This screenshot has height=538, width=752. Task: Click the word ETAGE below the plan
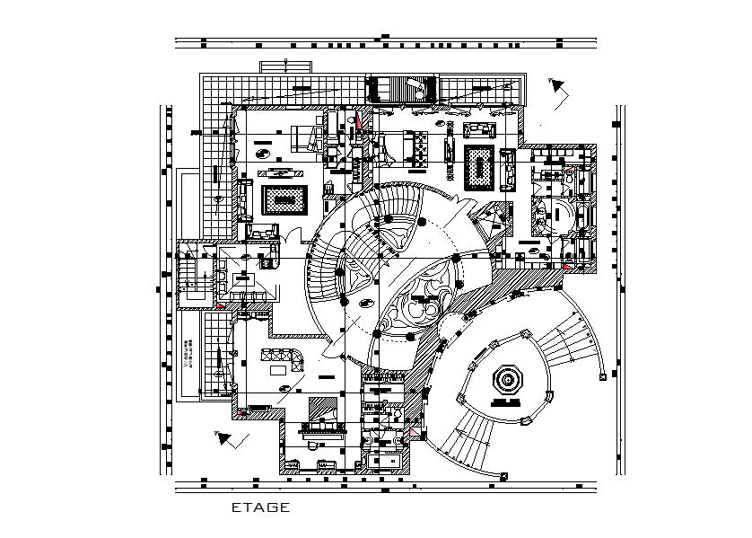tap(260, 507)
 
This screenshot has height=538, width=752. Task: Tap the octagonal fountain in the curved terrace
tap(508, 380)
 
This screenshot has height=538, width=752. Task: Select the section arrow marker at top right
tap(560, 87)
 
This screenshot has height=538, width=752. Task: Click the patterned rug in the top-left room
tap(284, 199)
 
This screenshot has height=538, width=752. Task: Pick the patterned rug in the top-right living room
tap(481, 167)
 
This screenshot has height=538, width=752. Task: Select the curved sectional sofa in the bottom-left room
tap(285, 357)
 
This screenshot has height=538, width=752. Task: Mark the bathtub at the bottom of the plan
tap(386, 461)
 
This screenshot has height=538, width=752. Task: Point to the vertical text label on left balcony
tap(186, 352)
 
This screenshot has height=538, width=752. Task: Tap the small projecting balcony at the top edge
tap(286, 67)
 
